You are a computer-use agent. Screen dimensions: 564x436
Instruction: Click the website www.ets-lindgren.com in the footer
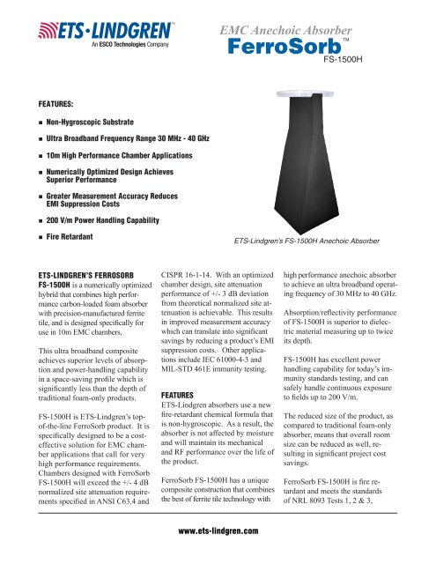(x=218, y=531)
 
